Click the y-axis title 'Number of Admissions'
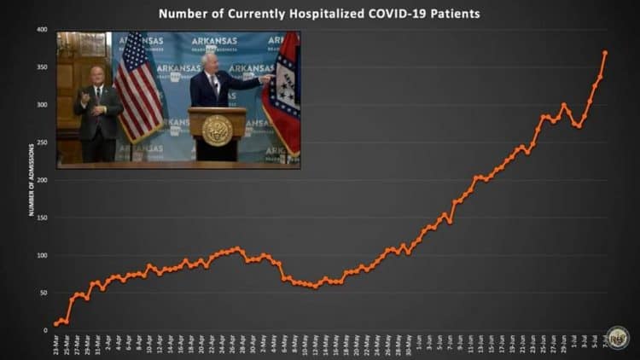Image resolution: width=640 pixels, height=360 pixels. (32, 180)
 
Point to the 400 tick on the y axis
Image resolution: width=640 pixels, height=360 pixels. (41, 30)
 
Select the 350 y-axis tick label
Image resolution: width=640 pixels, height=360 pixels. (41, 67)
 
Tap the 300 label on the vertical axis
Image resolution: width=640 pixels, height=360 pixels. (41, 105)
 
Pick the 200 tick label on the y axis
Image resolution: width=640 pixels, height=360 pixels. (41, 180)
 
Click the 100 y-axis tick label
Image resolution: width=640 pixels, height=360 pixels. (41, 255)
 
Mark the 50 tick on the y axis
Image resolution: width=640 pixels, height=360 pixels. (43, 293)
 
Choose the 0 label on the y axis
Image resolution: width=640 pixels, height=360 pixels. (45, 330)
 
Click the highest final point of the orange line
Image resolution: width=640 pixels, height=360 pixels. (605, 53)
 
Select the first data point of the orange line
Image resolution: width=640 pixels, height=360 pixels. (56, 323)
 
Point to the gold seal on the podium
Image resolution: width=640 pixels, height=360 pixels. (218, 130)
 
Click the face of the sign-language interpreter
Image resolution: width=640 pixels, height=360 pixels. (97, 74)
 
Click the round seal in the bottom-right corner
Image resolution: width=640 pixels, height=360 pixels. (618, 337)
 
